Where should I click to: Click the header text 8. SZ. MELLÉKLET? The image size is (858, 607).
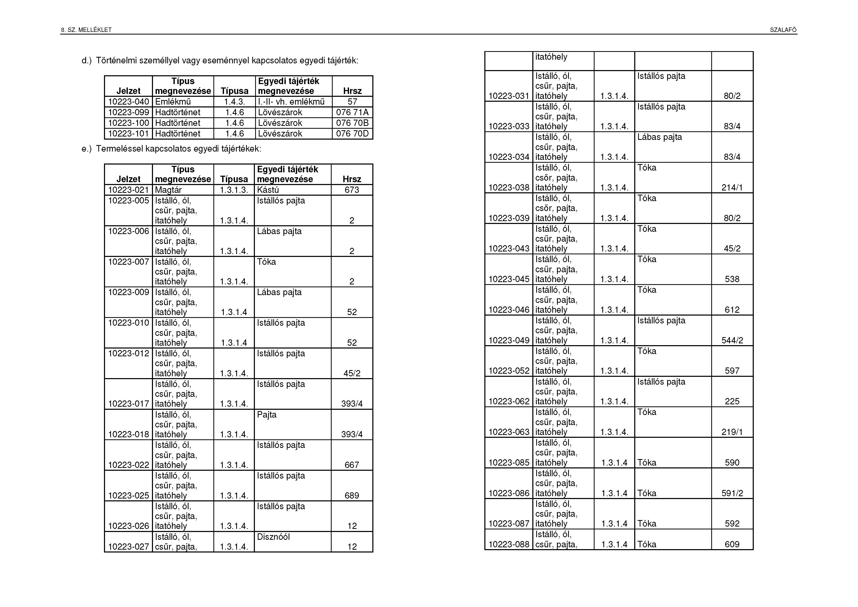(86, 30)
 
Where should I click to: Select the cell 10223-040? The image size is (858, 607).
(128, 102)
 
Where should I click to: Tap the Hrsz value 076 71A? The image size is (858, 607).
(352, 112)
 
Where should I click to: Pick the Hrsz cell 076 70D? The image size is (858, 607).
(352, 133)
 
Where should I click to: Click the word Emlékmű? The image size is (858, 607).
(173, 102)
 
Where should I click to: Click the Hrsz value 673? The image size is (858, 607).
(352, 190)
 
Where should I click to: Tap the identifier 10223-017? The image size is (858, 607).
(128, 404)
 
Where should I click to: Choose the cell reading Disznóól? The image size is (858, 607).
(273, 537)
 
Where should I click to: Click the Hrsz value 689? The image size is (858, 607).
(352, 496)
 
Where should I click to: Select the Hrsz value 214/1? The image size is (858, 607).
(732, 188)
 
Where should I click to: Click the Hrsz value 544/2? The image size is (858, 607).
(732, 340)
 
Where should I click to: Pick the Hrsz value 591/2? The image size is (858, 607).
(732, 493)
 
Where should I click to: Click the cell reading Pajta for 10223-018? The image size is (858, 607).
(267, 414)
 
